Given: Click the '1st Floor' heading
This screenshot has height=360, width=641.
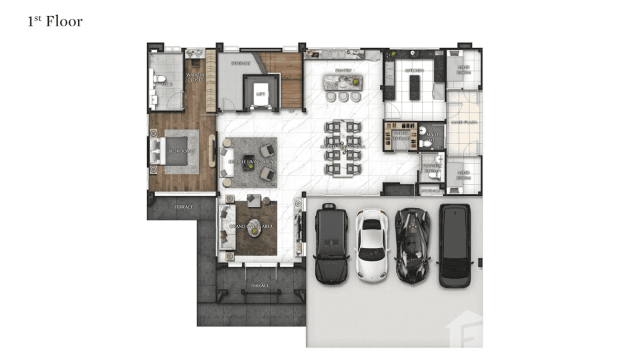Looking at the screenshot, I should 55,21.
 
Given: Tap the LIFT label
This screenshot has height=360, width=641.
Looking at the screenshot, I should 260,95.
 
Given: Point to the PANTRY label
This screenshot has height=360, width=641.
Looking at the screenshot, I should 343,71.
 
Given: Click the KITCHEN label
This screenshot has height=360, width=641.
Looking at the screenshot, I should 414,71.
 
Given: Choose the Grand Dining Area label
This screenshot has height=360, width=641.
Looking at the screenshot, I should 343,147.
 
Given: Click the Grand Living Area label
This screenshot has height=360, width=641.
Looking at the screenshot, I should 251,226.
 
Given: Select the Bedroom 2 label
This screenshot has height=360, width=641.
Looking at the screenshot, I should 182,151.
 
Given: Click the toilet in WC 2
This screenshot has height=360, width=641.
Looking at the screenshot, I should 160,79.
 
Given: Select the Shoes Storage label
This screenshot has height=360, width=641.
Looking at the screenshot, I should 400,136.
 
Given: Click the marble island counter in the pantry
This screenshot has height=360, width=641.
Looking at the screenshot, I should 343,82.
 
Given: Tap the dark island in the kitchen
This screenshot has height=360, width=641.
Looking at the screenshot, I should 414,87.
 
